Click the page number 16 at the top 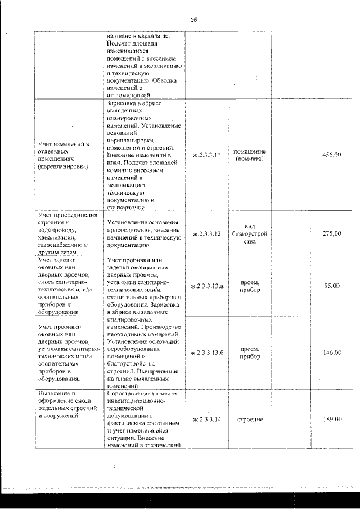(x=193, y=20)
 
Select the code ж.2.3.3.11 (x=206, y=155)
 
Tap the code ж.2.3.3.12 (x=206, y=233)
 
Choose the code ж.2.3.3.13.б (x=207, y=353)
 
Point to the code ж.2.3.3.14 (x=206, y=419)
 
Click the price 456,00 (x=331, y=155)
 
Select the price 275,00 (x=331, y=233)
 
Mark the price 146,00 (x=331, y=353)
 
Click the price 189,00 (x=331, y=419)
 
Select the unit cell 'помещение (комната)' (x=249, y=155)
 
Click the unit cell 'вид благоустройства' (x=249, y=233)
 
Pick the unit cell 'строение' (x=249, y=420)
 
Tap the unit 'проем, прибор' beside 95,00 (x=249, y=286)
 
